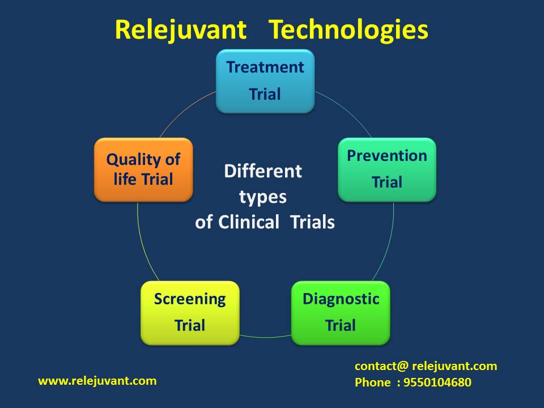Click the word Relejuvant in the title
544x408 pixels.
(181, 29)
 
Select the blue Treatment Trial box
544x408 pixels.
(265, 81)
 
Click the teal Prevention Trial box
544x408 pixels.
(387, 169)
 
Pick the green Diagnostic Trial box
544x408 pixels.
(341, 313)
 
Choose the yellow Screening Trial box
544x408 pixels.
(190, 313)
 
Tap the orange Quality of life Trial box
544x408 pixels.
(143, 169)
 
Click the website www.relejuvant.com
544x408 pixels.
(97, 381)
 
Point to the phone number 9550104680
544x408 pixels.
(437, 382)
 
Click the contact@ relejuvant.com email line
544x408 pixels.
(426, 366)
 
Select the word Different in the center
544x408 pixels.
(263, 171)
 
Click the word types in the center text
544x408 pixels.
(263, 197)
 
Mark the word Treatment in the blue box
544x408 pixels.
(265, 67)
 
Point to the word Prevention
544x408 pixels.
(387, 156)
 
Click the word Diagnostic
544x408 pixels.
(341, 299)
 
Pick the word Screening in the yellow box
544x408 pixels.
(190, 299)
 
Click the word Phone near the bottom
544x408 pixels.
(373, 382)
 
